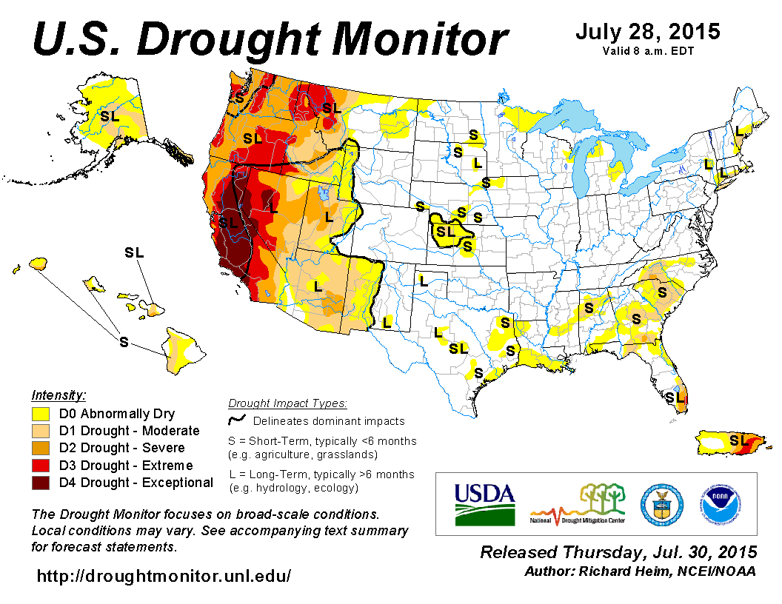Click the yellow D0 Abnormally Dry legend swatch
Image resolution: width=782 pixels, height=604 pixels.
pyautogui.click(x=41, y=414)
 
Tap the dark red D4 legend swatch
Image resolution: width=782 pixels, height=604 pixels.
pyautogui.click(x=41, y=483)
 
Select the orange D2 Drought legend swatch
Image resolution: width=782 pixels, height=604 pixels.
pyautogui.click(x=41, y=448)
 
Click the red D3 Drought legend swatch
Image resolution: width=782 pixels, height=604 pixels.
pyautogui.click(x=41, y=466)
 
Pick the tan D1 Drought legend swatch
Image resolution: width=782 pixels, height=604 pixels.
pyautogui.click(x=41, y=431)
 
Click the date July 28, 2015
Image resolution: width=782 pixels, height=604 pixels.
pyautogui.click(x=647, y=33)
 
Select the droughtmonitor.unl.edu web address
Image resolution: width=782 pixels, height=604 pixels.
pyautogui.click(x=164, y=575)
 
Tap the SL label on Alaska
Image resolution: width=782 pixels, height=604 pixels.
pyautogui.click(x=110, y=115)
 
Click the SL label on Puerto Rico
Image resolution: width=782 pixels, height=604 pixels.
pyautogui.click(x=738, y=440)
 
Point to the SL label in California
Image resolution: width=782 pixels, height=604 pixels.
pyautogui.click(x=228, y=221)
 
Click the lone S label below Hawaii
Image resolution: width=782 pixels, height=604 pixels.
pyautogui.click(x=124, y=341)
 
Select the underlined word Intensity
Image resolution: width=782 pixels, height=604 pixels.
pyautogui.click(x=59, y=395)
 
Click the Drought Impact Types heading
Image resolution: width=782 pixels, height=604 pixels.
pyautogui.click(x=287, y=403)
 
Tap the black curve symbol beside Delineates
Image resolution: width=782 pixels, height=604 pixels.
pyautogui.click(x=237, y=420)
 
